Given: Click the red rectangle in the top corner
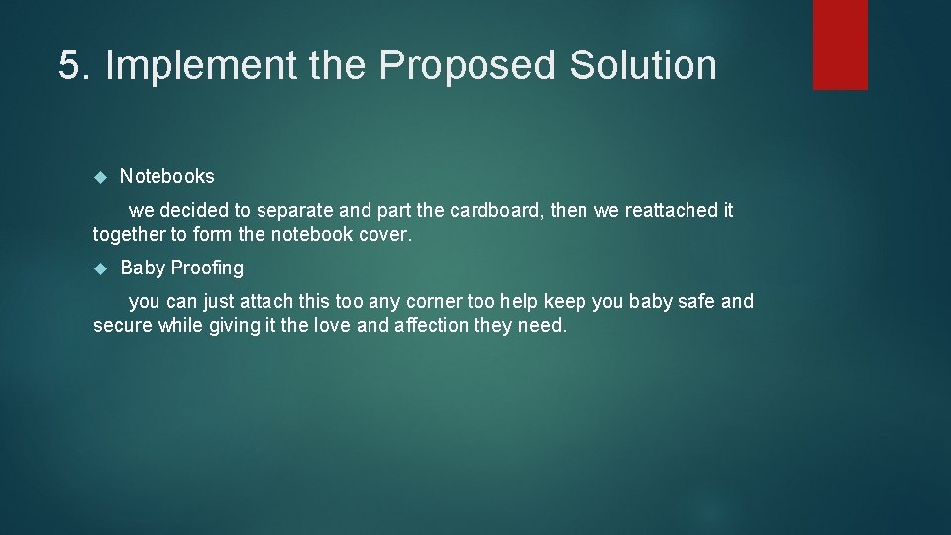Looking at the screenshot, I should click(840, 45).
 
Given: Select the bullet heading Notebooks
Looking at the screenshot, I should click(166, 176).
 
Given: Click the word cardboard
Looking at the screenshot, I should click(495, 211).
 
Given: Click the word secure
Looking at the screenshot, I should click(123, 325).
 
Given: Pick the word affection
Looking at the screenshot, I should click(439, 325).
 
